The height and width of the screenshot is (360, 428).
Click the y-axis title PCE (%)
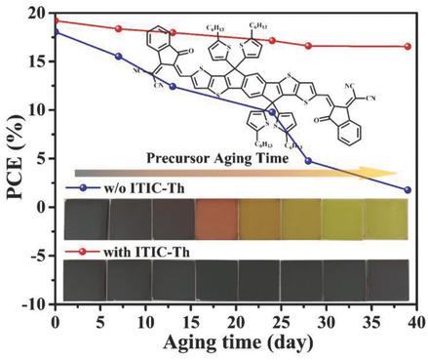[16, 156]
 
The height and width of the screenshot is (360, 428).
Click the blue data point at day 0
[56, 31]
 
